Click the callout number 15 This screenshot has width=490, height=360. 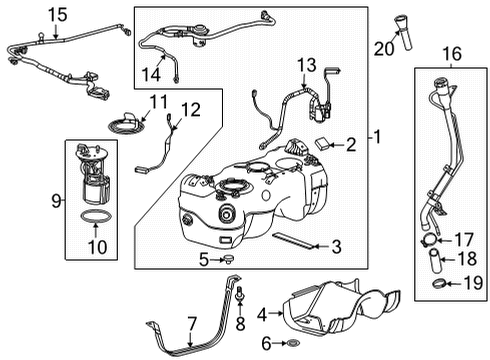[x=30, y=14]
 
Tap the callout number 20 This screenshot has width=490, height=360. [x=383, y=46]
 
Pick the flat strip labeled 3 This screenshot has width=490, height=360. [x=290, y=241]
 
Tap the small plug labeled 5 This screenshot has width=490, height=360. [x=231, y=262]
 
